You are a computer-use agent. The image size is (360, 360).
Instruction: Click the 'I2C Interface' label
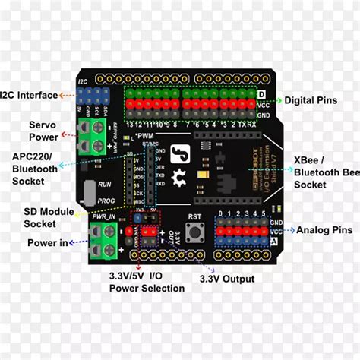[29, 95]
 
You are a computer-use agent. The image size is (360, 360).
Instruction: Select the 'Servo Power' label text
[44, 130]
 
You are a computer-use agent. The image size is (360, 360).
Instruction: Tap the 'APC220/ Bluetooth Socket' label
[35, 169]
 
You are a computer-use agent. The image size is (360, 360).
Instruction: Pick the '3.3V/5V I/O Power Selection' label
[147, 282]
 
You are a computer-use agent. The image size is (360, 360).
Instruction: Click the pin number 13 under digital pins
[130, 124]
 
